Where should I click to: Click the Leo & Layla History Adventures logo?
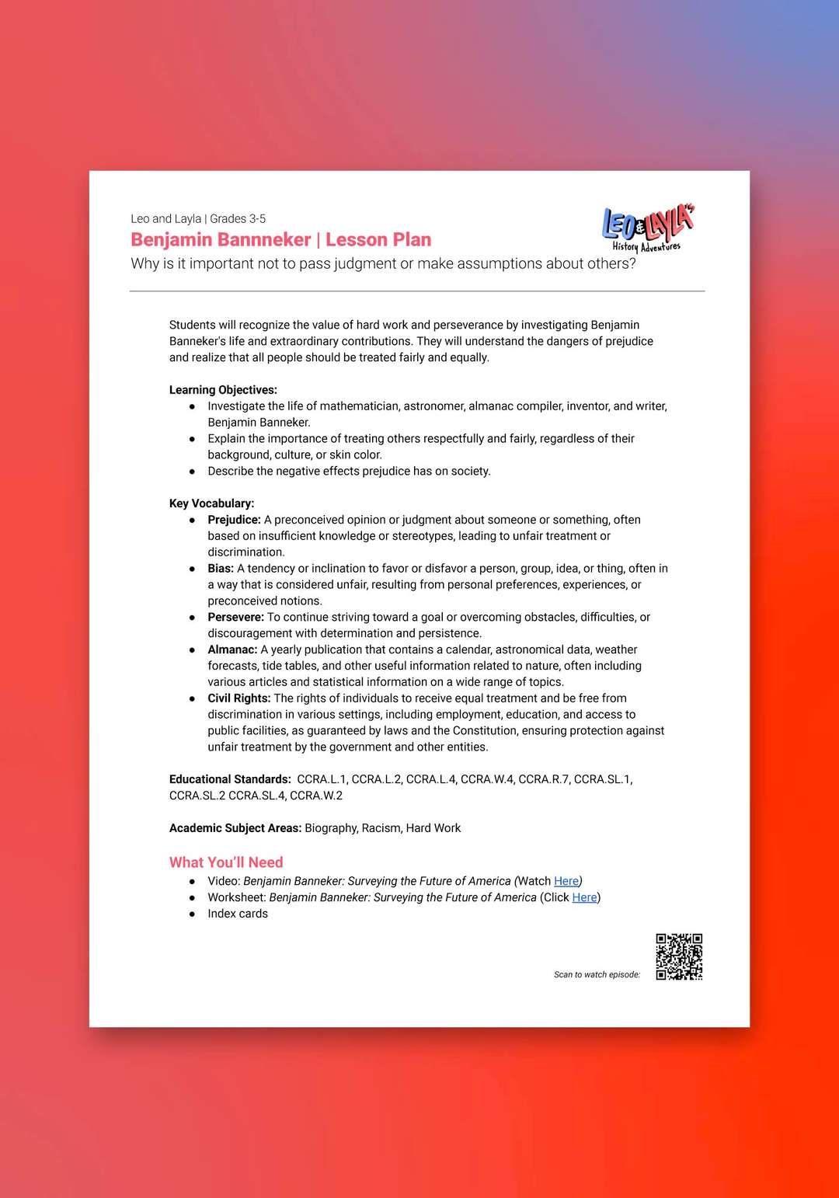coord(646,228)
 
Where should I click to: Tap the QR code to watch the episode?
coord(679,956)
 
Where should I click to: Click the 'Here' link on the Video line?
coord(566,881)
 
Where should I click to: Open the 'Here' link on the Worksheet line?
coord(584,897)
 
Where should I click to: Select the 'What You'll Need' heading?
coord(226,862)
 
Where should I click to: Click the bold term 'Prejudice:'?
coord(234,520)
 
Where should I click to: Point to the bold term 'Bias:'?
coord(221,569)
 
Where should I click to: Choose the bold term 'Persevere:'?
coord(235,617)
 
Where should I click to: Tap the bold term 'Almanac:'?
coord(232,649)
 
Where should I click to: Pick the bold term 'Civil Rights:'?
coord(239,698)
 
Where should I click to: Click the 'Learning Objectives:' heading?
coord(223,390)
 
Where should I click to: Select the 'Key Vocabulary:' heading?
coord(211,503)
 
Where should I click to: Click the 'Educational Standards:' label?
coord(230,779)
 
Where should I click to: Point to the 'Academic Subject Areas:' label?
coord(235,828)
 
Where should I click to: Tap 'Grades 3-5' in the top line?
coord(238,219)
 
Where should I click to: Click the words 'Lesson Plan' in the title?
coord(378,240)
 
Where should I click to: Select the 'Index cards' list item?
coord(238,914)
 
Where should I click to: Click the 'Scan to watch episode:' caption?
coord(597,974)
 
